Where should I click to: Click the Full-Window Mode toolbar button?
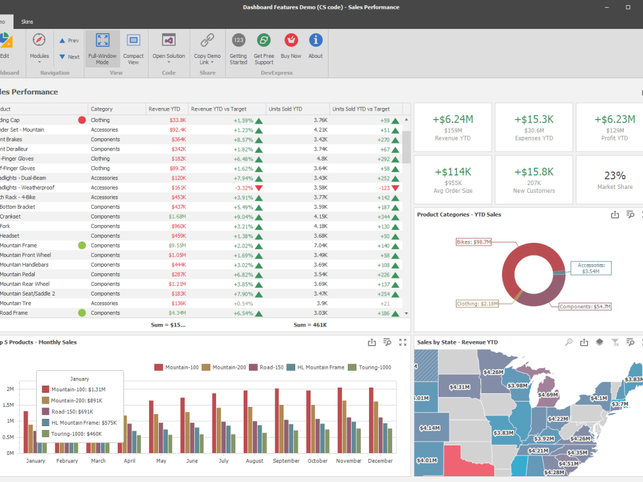(x=102, y=49)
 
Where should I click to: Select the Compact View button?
(x=133, y=49)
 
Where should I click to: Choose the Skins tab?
(x=27, y=21)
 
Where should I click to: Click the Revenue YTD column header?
(x=164, y=109)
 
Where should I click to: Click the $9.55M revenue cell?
(x=177, y=245)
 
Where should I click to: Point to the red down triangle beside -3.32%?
(x=259, y=188)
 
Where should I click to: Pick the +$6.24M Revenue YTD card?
(x=453, y=127)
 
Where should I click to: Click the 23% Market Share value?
(x=615, y=175)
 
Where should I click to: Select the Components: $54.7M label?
(x=584, y=307)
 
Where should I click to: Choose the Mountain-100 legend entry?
(x=176, y=368)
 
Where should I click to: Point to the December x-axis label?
(x=381, y=461)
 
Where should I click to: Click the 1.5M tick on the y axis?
(x=8, y=405)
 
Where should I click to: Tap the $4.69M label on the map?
(x=548, y=395)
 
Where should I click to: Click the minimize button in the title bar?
(x=606, y=7)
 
